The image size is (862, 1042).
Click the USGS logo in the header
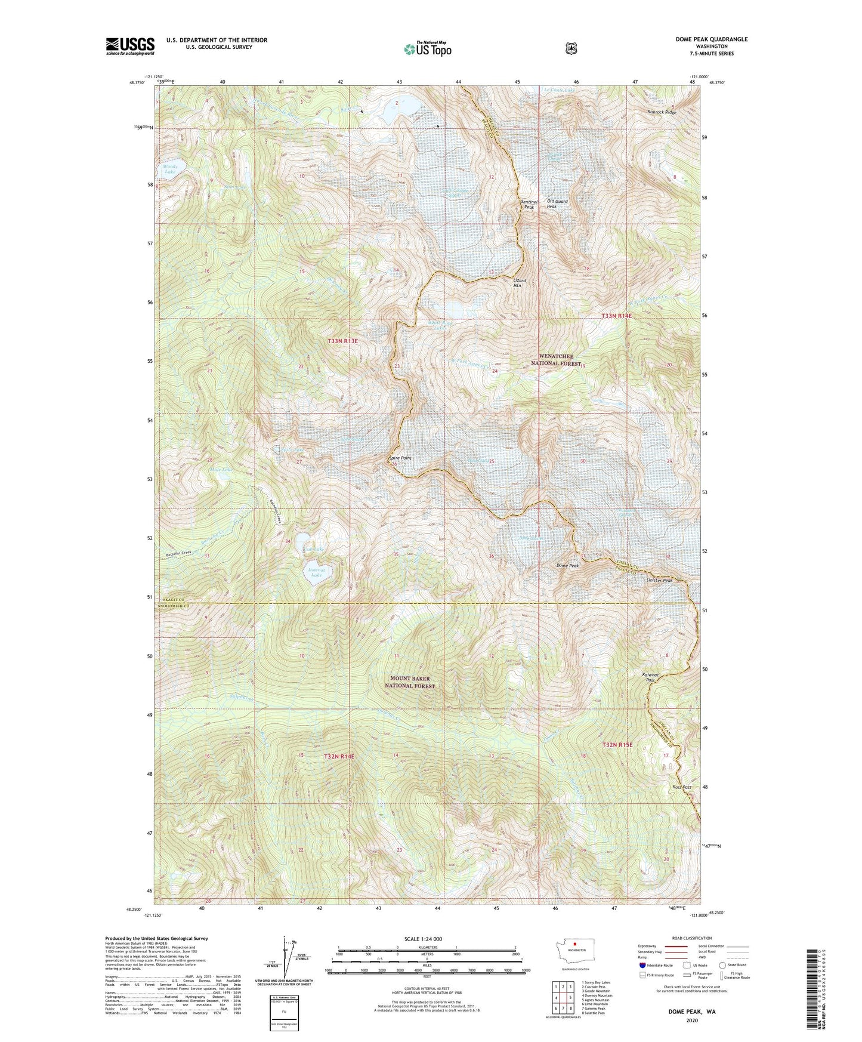(130, 46)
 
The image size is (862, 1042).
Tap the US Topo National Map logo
(427, 48)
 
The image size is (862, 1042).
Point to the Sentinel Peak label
(529, 204)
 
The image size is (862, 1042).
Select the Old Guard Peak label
(557, 204)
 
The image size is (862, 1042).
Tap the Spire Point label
(400, 458)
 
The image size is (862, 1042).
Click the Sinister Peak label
(659, 580)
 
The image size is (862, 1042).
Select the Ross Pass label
(682, 787)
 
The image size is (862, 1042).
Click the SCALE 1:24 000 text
(423, 939)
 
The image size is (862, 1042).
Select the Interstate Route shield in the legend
(642, 964)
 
